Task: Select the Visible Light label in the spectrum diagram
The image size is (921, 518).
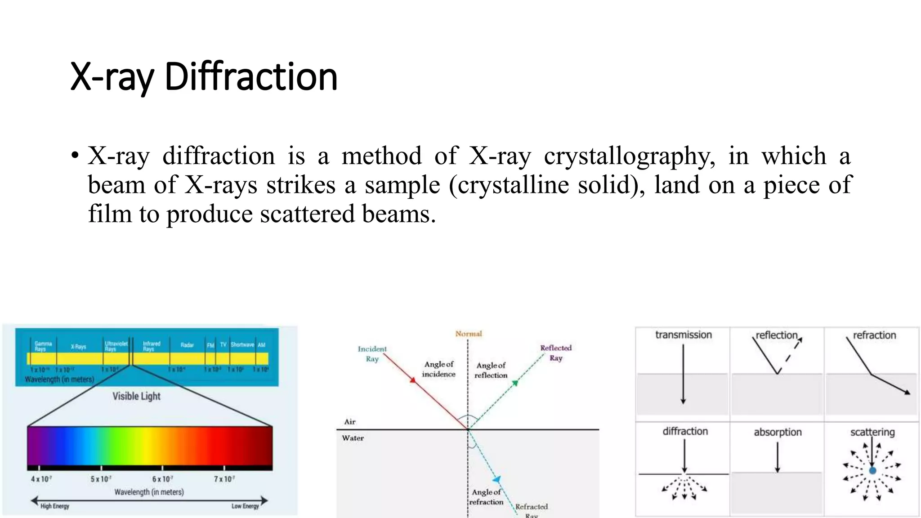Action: coord(136,396)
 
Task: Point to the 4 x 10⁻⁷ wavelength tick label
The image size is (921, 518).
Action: coord(41,479)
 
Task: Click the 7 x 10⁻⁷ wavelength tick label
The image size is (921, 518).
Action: coord(224,479)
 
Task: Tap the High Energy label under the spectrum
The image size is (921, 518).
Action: coord(55,506)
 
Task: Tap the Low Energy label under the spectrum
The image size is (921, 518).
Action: coord(245,506)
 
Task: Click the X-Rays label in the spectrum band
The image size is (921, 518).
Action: coord(78,347)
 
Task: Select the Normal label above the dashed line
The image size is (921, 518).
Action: coord(468,334)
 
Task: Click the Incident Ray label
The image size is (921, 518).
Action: coord(372,353)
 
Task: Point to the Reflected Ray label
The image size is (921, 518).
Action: coord(556,353)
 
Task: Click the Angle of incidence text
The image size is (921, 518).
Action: coord(438,369)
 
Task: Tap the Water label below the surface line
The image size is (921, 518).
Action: coord(353,438)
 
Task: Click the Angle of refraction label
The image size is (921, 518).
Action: coord(486,497)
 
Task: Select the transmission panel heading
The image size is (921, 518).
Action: coord(683,335)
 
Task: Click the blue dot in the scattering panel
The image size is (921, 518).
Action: coord(872,471)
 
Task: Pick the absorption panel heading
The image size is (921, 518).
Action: coord(778,432)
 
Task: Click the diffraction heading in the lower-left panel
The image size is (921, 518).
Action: coord(685,431)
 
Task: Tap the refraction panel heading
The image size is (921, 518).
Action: coord(874,335)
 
